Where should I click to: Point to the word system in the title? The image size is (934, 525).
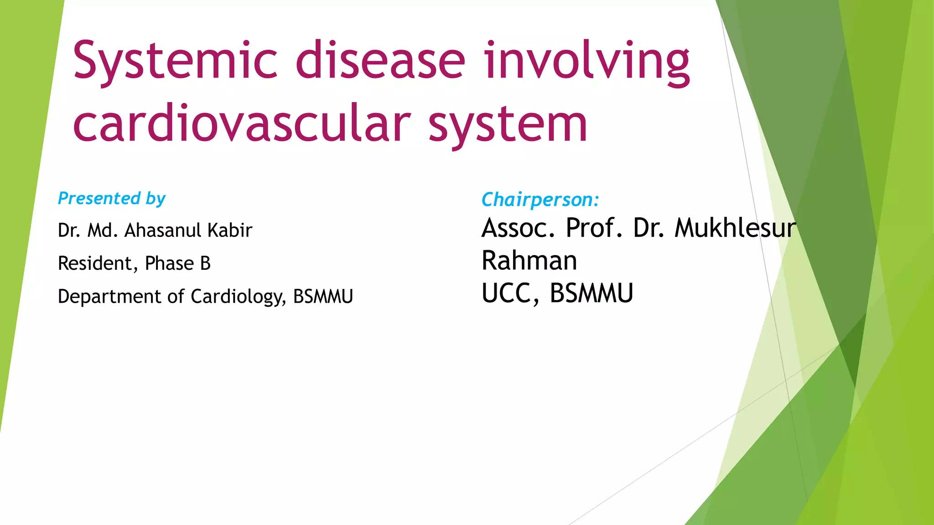508,124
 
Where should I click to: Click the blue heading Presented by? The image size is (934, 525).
112,199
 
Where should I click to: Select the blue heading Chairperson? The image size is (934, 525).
540,200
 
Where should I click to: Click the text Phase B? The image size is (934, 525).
177,263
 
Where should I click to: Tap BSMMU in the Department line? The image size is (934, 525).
323,297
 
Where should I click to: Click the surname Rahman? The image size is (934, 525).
529,261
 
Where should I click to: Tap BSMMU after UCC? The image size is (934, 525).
591,293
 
